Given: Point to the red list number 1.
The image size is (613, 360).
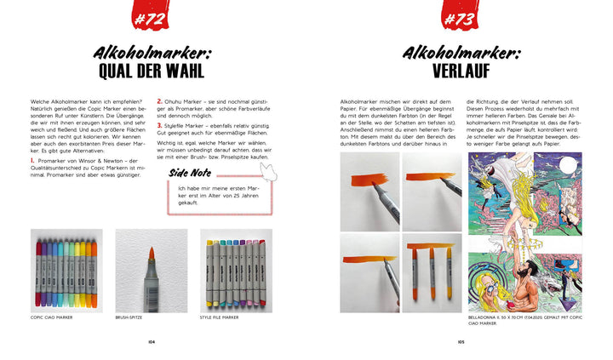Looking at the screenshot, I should point(32,160).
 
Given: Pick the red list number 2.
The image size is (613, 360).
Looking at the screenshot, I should point(159,102).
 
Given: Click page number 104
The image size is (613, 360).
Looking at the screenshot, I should point(152,342).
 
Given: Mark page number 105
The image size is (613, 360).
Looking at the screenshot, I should point(460,342).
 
